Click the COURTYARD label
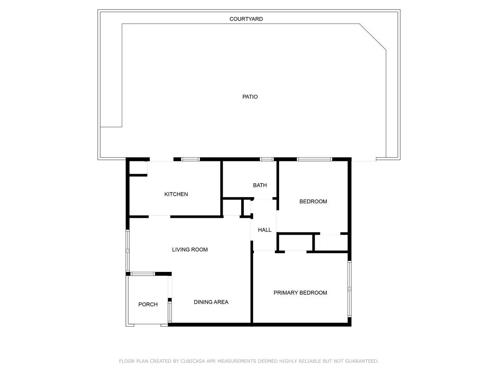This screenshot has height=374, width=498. [x=246, y=19]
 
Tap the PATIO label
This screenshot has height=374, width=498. [x=250, y=97]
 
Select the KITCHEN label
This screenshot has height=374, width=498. [x=176, y=194]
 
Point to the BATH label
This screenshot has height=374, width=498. [x=260, y=185]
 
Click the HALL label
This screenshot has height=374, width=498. [x=265, y=230]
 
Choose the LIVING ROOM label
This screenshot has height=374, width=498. [x=190, y=250]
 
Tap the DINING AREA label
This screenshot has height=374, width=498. [x=211, y=302]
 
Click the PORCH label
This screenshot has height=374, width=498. [x=148, y=304]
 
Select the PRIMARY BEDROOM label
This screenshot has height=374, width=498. [x=300, y=293]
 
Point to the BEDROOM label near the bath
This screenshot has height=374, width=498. [x=313, y=202]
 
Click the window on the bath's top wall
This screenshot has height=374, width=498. [x=267, y=159]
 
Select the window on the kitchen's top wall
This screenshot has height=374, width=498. [x=191, y=159]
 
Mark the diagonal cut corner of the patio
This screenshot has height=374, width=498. [x=373, y=37]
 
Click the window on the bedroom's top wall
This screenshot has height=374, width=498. [x=314, y=159]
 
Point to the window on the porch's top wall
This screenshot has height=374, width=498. [x=143, y=274]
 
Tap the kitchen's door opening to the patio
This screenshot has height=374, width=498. [x=161, y=160]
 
